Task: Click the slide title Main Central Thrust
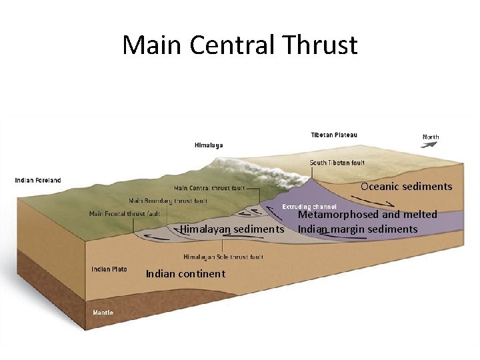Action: click(x=240, y=45)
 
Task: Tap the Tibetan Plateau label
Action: click(x=334, y=135)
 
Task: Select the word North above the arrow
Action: click(x=431, y=137)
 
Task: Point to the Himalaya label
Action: click(x=209, y=145)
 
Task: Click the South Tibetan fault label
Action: click(x=337, y=163)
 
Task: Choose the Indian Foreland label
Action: click(x=38, y=180)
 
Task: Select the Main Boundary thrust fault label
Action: click(x=168, y=201)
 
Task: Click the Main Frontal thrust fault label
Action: click(x=125, y=214)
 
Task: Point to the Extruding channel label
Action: click(x=309, y=207)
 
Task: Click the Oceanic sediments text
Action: click(x=406, y=187)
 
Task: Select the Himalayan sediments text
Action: click(x=231, y=229)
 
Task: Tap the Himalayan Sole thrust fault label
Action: click(x=223, y=257)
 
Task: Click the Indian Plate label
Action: click(x=109, y=269)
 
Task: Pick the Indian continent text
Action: click(x=185, y=274)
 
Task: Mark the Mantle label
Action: click(x=103, y=312)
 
